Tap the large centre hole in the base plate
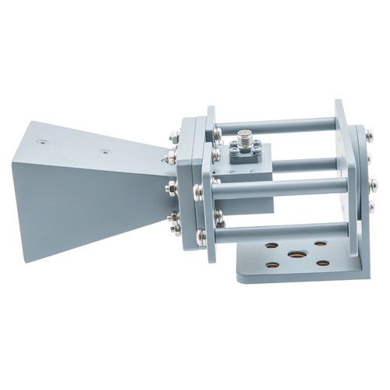[x=296, y=254]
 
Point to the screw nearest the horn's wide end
[x=42, y=143]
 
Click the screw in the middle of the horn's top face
[x=103, y=152]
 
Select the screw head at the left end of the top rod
[x=216, y=133]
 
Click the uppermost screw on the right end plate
[x=369, y=136]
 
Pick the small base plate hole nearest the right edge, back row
[x=321, y=244]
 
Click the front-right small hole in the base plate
[x=323, y=264]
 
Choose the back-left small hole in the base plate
[x=271, y=246]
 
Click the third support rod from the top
[x=281, y=188]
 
